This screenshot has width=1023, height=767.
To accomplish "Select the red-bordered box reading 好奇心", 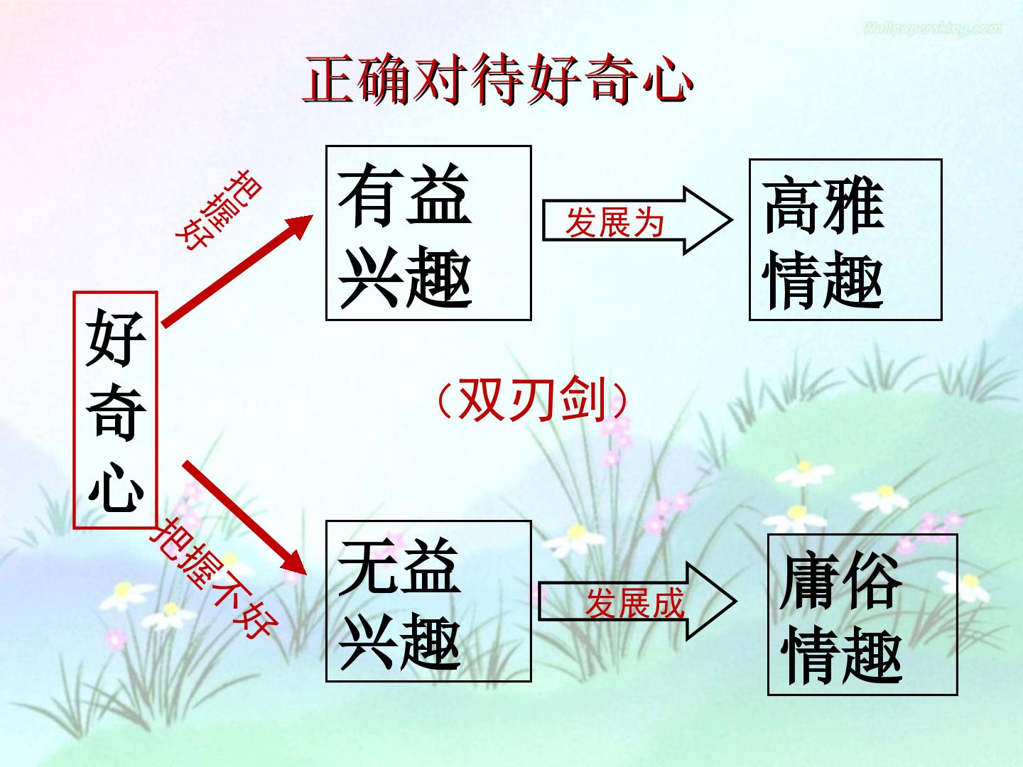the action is click(x=116, y=410).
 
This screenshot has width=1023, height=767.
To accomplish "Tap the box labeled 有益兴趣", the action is click(x=428, y=233).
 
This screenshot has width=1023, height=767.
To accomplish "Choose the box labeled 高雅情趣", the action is click(x=845, y=239).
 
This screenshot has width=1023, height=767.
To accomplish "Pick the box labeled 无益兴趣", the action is click(x=428, y=602).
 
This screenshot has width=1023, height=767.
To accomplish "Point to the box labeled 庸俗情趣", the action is click(x=862, y=615).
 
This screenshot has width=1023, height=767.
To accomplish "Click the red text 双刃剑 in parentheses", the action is click(x=533, y=399).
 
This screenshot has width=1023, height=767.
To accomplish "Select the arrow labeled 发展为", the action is click(x=637, y=220).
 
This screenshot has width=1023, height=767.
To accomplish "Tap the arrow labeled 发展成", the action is click(x=637, y=602).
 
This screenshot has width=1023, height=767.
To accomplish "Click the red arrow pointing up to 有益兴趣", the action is click(x=238, y=271).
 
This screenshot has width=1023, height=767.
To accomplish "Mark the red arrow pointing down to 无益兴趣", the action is click(x=244, y=518).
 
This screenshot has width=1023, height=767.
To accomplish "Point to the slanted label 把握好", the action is click(x=219, y=210).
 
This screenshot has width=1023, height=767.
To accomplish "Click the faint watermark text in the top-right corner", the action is click(x=932, y=29).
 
